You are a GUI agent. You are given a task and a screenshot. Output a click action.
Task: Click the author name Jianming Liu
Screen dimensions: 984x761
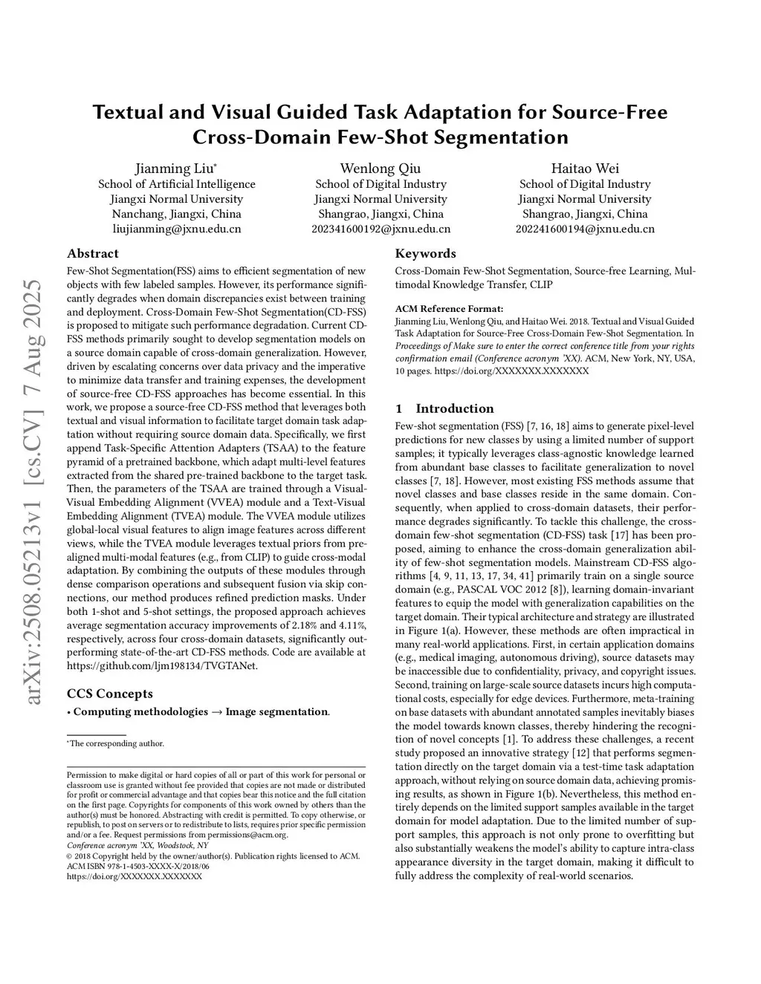[x=175, y=168]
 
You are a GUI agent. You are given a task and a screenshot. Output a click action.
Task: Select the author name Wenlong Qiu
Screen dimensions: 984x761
[x=380, y=168]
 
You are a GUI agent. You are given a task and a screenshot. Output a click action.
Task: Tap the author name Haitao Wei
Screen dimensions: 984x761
[x=585, y=168]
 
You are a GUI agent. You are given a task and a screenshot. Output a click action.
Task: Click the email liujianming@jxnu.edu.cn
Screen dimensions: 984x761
[x=177, y=229]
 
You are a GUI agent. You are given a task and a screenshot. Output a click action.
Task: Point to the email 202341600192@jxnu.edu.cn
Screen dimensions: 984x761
[x=380, y=229]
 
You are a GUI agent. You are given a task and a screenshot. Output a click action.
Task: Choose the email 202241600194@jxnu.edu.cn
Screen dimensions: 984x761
[x=585, y=229]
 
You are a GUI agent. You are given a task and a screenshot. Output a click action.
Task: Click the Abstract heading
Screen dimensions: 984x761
[x=93, y=253]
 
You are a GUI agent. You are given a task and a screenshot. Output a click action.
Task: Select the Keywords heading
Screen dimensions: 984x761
[x=425, y=253]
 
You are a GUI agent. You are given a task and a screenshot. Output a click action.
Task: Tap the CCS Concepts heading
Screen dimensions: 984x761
[x=110, y=694]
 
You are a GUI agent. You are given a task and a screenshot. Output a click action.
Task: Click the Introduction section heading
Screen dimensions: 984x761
[x=454, y=408]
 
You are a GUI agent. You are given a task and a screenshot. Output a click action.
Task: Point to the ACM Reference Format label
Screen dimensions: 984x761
[x=449, y=309]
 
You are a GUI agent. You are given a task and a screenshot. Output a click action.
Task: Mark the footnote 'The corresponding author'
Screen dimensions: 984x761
[x=117, y=743]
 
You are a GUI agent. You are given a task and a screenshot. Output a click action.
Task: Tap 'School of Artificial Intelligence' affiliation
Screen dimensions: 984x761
[x=177, y=184]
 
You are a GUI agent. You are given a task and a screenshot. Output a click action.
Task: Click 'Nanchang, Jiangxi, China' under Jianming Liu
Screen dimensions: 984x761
[x=177, y=214]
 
